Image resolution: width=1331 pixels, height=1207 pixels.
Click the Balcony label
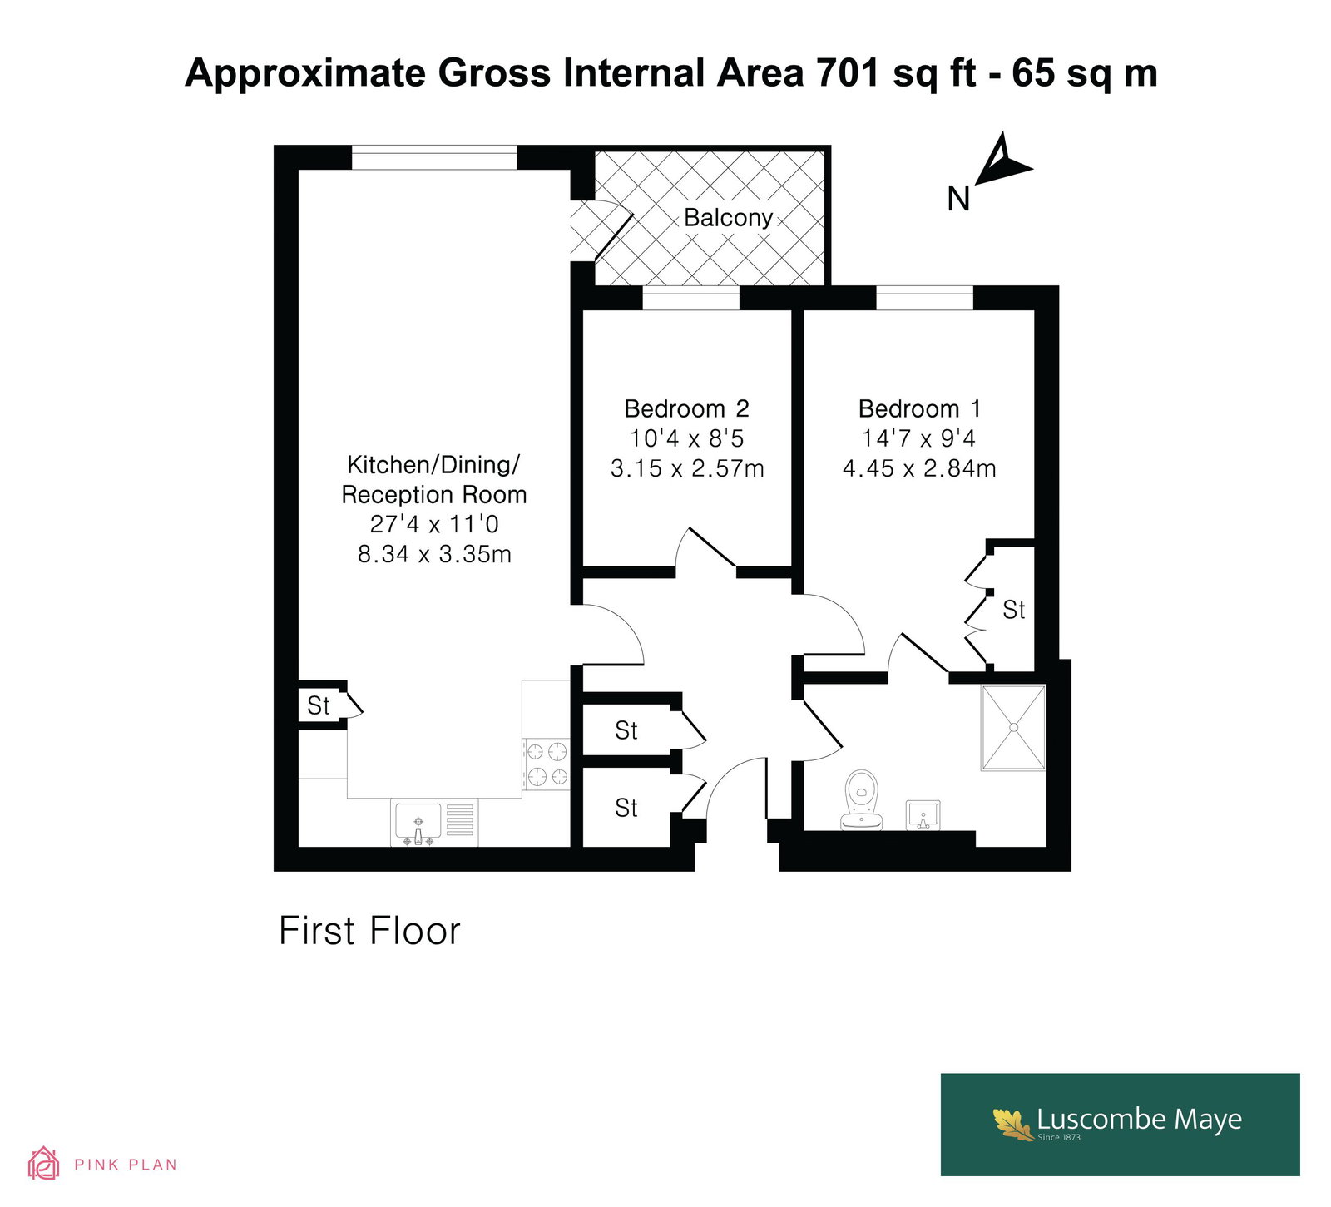(728, 218)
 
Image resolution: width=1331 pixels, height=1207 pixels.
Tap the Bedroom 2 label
(686, 408)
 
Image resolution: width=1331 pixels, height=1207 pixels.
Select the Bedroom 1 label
(919, 408)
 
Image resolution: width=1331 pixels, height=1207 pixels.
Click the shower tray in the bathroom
(1013, 728)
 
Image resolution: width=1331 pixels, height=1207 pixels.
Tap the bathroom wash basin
(923, 814)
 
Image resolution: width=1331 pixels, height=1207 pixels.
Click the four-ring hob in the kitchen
(547, 764)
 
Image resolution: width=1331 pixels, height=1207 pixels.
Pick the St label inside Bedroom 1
(1013, 610)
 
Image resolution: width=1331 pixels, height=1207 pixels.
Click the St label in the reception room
(319, 705)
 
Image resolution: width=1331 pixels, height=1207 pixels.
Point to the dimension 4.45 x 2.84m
(919, 468)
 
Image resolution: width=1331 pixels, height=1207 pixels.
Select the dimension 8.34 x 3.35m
(434, 554)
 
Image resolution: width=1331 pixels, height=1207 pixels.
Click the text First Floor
(369, 931)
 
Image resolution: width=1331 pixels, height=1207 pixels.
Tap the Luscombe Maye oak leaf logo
(1012, 1123)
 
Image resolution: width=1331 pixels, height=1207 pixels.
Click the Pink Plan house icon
(43, 1164)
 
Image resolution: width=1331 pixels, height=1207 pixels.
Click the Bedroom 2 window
(690, 299)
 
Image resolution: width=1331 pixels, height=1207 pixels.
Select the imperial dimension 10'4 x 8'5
(686, 438)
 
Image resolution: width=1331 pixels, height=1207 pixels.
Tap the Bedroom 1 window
(924, 299)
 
